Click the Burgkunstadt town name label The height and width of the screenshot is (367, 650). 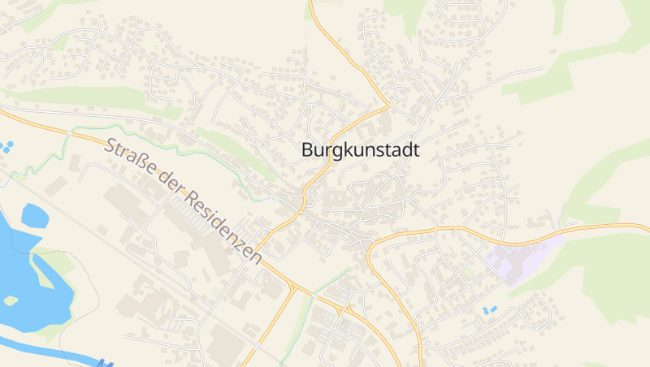(x=360, y=150)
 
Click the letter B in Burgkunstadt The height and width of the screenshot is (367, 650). (x=307, y=150)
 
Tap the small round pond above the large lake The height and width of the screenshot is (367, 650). (x=34, y=215)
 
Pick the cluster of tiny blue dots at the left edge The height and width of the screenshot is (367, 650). (x=6, y=147)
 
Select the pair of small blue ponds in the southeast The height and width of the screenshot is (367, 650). (x=490, y=310)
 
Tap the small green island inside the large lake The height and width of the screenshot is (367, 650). (x=10, y=300)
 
